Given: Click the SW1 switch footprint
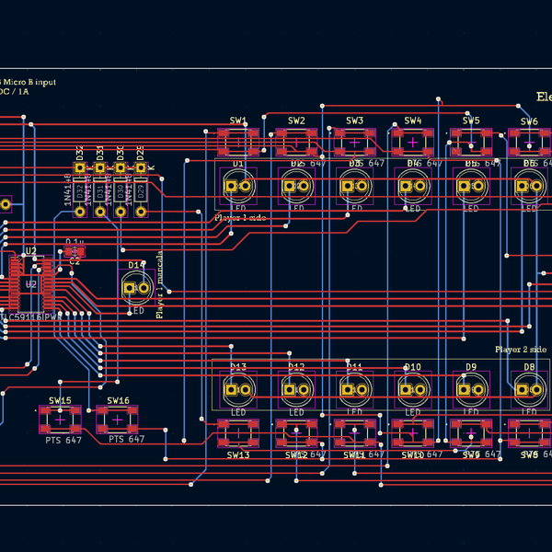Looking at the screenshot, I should [238, 142].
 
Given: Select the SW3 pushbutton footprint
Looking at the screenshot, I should [354, 142].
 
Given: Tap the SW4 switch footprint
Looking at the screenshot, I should [413, 142].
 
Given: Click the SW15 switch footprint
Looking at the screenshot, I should [60, 420].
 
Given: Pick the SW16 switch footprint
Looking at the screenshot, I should [118, 420].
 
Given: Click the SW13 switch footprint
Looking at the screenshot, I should [238, 433].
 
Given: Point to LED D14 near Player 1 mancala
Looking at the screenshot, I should [136, 289].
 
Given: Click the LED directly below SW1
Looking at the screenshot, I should [238, 187].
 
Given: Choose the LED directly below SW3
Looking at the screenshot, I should [354, 187].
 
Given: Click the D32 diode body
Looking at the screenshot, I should [80, 190].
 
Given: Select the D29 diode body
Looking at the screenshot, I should [141, 190].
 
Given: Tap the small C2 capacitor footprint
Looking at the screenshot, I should [75, 250].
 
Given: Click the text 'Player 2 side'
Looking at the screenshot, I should [521, 350].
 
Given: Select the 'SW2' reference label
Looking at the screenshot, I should [296, 121].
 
